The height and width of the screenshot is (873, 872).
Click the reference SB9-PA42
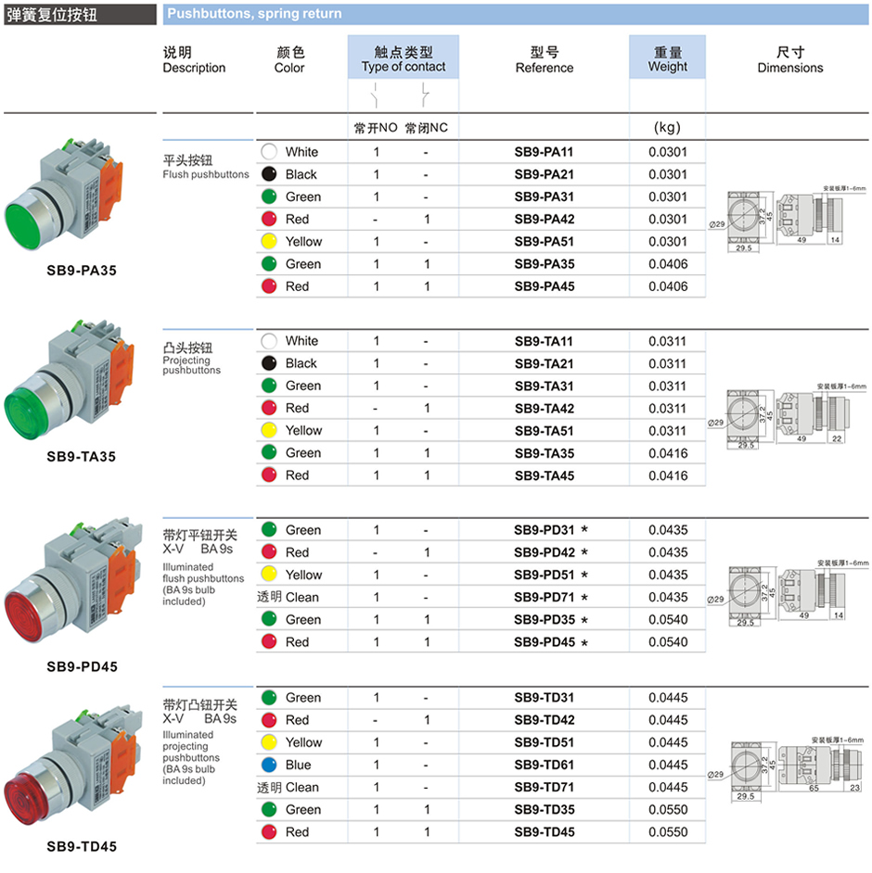pos(544,220)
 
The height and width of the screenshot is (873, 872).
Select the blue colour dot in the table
pos(268,765)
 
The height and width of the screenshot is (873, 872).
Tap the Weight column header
pos(667,59)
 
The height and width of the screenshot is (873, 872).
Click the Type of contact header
pos(404,59)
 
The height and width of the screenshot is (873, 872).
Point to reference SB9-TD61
pos(544,765)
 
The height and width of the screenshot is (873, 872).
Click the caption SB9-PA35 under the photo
pos(82,272)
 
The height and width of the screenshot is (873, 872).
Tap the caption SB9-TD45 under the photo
pos(82,846)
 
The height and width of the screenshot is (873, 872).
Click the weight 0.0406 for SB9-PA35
pos(668,264)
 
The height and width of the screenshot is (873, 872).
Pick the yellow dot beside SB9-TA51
pos(268,431)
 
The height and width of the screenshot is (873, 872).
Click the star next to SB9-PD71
pos(584,598)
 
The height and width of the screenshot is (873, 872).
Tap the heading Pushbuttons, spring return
pos(254,14)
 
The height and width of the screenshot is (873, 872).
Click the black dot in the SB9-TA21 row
pos(268,363)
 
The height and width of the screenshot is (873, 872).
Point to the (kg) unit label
pos(668,128)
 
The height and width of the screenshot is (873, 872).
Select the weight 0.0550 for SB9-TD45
pos(668,832)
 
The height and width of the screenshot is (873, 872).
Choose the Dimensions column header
pos(789,59)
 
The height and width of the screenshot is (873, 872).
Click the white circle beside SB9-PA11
pos(268,152)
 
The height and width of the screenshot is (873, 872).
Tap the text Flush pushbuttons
pos(206,174)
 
